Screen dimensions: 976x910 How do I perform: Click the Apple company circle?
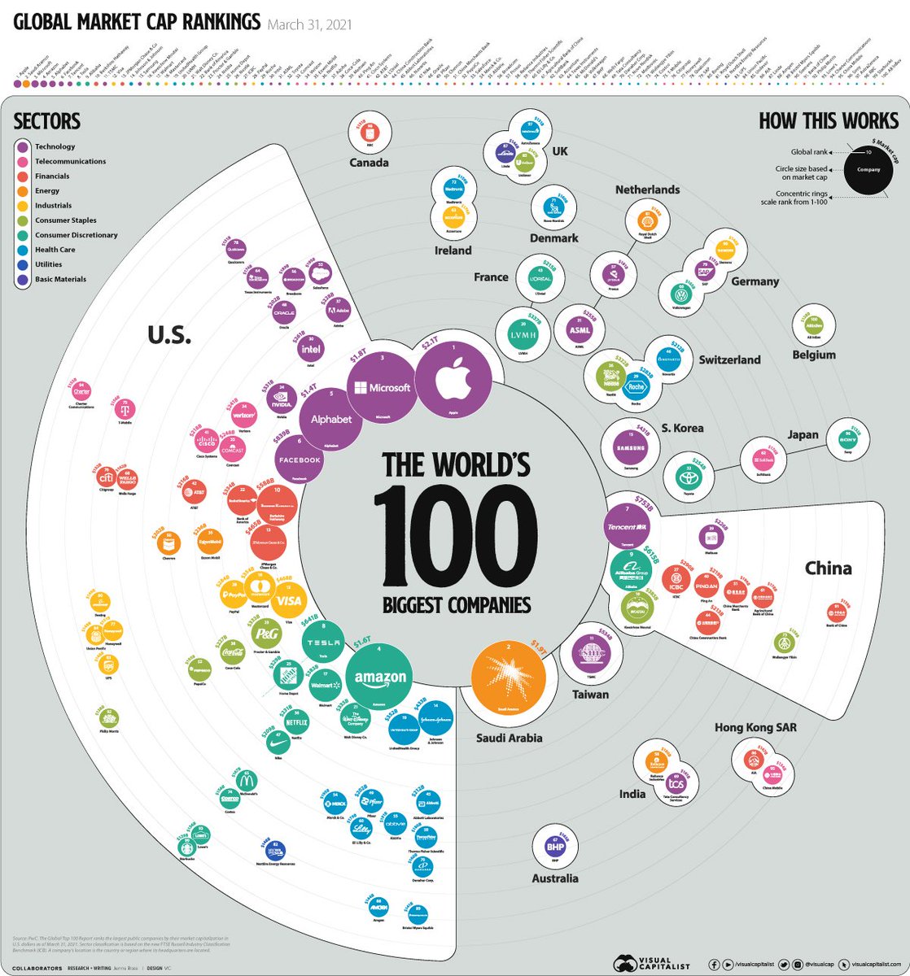[x=454, y=378]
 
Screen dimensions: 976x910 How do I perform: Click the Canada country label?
[x=369, y=163]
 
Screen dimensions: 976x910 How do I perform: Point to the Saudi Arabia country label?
[x=510, y=739]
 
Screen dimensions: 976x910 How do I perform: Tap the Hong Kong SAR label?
[x=755, y=727]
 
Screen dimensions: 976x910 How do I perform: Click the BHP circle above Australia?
[x=555, y=847]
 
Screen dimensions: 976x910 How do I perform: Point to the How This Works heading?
[x=828, y=121]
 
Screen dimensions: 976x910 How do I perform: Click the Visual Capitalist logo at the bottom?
[x=648, y=963]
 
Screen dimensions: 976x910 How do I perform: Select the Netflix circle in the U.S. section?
[x=296, y=721]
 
